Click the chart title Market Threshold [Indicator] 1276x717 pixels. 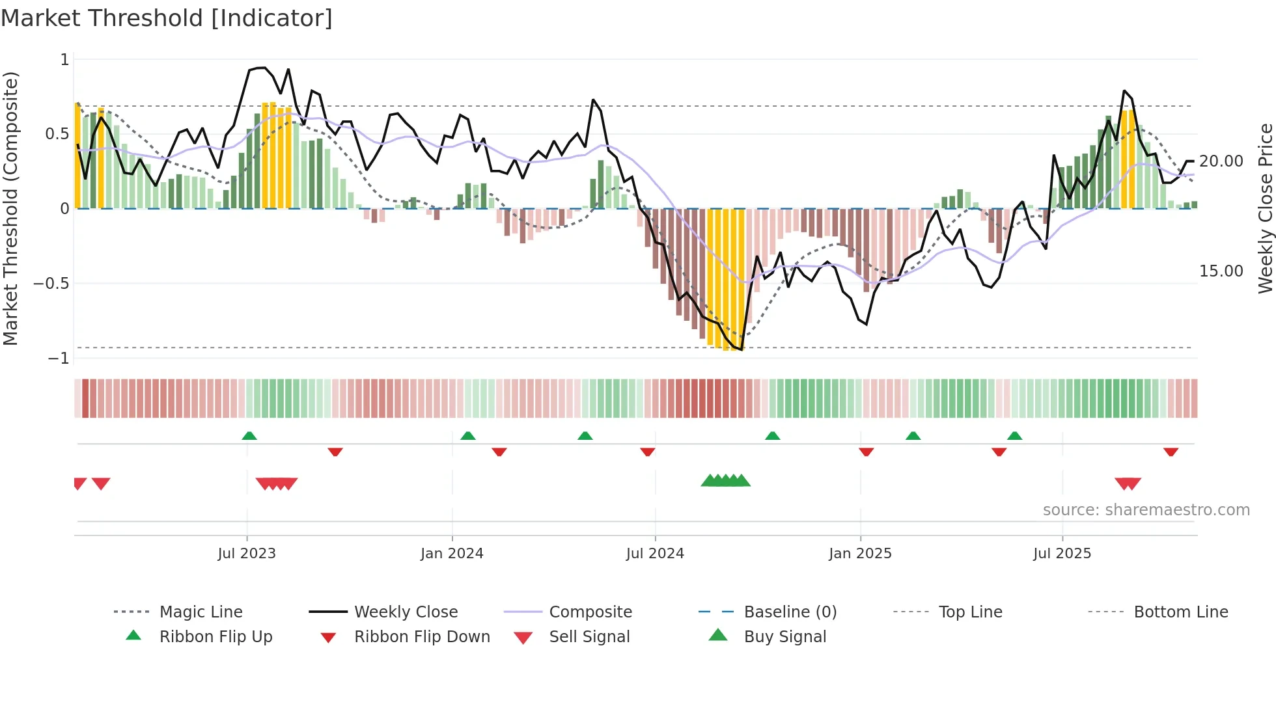[167, 18]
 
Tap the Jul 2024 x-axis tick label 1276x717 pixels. [655, 553]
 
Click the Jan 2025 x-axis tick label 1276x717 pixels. [860, 553]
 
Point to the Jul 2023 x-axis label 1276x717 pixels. [247, 553]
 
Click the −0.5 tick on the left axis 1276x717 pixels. [51, 283]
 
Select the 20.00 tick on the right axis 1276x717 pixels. [1221, 161]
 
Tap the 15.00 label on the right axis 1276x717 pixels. [1221, 271]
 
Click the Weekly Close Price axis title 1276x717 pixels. [1265, 208]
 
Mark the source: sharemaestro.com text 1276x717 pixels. [1146, 509]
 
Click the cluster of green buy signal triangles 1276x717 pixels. [725, 481]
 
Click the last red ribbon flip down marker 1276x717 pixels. [1171, 452]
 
